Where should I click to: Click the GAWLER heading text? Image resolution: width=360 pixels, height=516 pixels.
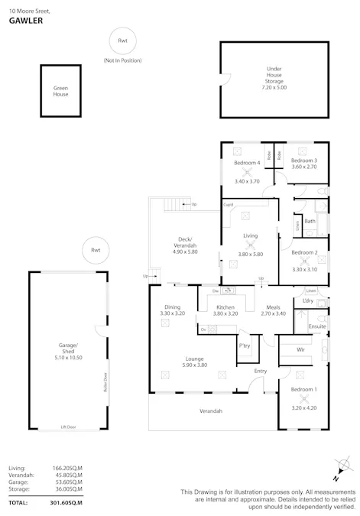click(x=25, y=21)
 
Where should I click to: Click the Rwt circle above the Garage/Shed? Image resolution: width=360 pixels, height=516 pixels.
click(x=96, y=250)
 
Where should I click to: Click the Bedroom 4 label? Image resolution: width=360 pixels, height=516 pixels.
click(x=247, y=163)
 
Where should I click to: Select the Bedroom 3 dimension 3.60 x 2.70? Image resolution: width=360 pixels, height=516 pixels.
click(x=303, y=167)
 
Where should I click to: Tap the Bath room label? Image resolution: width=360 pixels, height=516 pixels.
click(x=310, y=221)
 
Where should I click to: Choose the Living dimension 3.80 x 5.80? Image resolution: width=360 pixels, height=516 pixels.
click(x=250, y=254)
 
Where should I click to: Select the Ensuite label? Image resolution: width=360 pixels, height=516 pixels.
click(x=317, y=326)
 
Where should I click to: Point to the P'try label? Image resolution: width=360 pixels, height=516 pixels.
click(x=245, y=346)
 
